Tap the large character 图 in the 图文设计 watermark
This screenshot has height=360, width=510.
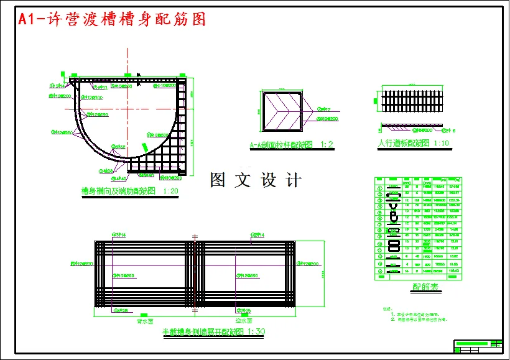click(x=219, y=180)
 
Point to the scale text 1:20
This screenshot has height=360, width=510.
click(x=170, y=191)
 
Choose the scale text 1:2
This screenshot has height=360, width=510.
click(x=327, y=145)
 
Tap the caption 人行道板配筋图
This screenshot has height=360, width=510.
click(x=404, y=143)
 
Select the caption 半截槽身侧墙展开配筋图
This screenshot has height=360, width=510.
click(x=203, y=333)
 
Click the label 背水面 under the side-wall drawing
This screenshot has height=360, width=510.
click(x=145, y=322)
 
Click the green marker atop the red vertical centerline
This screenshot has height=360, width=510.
click(x=127, y=75)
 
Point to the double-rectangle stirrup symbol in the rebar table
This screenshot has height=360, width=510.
click(x=394, y=231)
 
